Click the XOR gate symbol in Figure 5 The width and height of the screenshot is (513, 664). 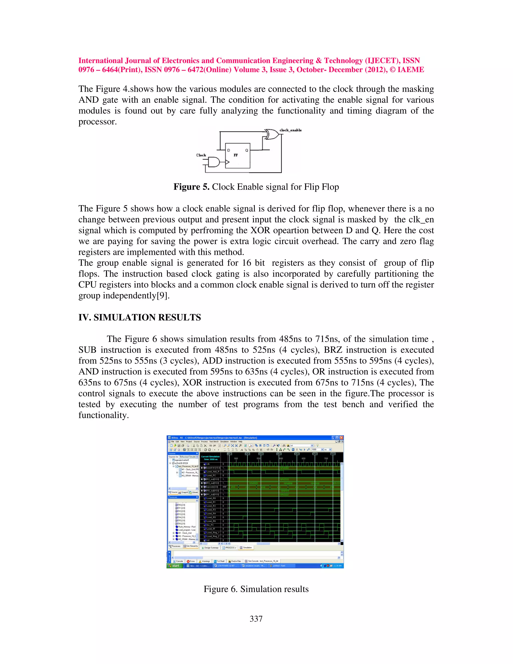271,134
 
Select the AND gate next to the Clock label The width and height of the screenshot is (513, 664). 214,162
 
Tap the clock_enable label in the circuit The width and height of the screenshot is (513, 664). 291,130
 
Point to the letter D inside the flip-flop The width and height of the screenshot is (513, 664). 228,150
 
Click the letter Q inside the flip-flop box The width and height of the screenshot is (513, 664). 246,150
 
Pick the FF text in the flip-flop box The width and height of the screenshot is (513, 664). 235,155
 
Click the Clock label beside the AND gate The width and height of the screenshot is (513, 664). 201,155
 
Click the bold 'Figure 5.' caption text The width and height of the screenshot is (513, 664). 191,187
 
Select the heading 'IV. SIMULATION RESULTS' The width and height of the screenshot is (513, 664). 140,317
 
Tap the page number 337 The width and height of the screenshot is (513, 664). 256,619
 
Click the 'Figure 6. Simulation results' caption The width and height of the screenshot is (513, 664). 256,589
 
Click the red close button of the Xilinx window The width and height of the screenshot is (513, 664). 342,437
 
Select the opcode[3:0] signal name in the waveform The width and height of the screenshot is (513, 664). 212,487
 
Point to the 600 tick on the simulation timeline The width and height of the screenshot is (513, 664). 281,459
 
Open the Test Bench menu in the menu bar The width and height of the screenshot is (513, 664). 214,441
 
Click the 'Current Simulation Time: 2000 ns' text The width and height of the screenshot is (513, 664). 210,458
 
